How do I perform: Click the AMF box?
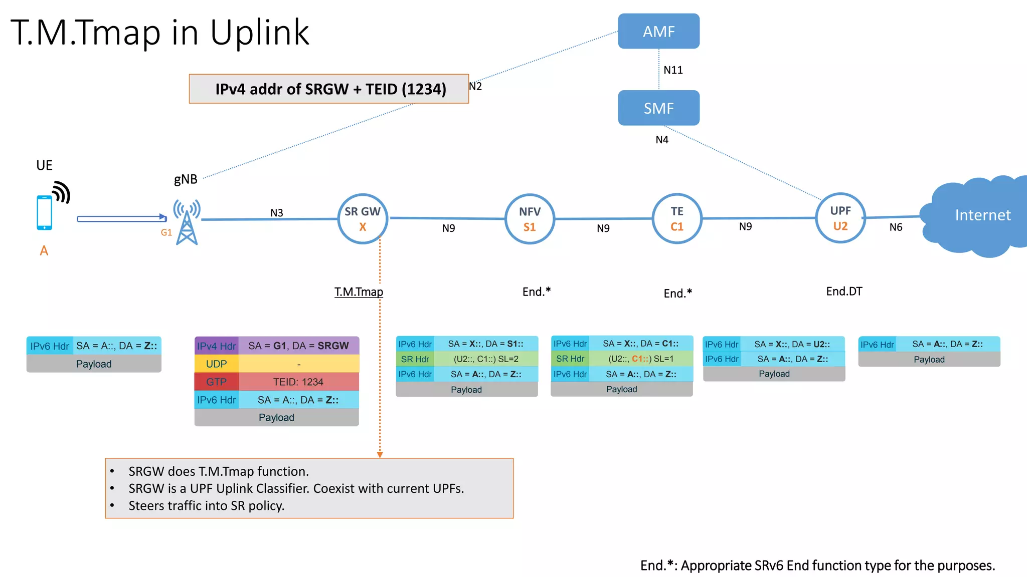(x=658, y=31)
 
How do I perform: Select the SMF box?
(x=658, y=108)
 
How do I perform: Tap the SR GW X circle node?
(x=363, y=219)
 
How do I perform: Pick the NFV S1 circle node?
(x=530, y=219)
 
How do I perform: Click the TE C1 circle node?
(x=677, y=219)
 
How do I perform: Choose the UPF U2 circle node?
(x=840, y=218)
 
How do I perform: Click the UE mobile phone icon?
(x=45, y=212)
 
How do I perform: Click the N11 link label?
(x=673, y=70)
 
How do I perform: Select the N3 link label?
(x=277, y=213)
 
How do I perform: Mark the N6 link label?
(x=896, y=227)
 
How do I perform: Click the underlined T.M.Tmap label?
(x=359, y=292)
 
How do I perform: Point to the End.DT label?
(x=844, y=292)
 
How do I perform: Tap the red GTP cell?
(x=216, y=382)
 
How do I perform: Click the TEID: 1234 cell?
(x=298, y=382)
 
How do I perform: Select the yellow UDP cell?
(x=216, y=364)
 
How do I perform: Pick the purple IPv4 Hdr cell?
(x=216, y=346)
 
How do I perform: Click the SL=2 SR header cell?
(x=485, y=359)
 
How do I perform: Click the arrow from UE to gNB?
(x=121, y=218)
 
